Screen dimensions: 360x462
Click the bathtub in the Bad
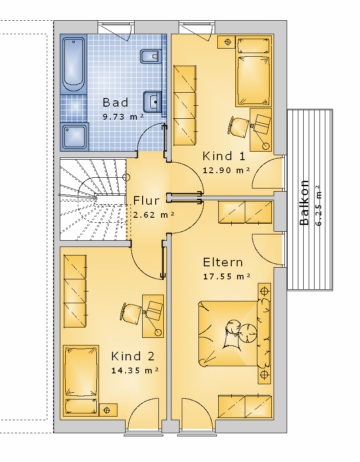(x=73, y=64)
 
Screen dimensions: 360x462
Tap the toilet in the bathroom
(x=151, y=56)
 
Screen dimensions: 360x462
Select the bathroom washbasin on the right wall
(x=153, y=102)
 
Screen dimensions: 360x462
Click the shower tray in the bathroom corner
(x=75, y=136)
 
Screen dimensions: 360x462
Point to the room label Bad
(x=116, y=103)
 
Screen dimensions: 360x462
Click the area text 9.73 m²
(x=123, y=117)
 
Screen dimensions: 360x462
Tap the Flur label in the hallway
(x=147, y=201)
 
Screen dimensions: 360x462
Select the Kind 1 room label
(x=224, y=156)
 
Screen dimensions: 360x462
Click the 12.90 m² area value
(x=226, y=170)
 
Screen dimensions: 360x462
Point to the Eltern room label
(x=223, y=262)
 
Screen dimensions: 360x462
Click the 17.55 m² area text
(x=227, y=276)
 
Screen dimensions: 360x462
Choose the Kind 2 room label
(x=133, y=356)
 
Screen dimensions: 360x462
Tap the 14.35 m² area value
(x=135, y=370)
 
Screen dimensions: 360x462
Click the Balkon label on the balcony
(x=304, y=203)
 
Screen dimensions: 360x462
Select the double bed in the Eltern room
(x=234, y=333)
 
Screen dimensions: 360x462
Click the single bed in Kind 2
(x=81, y=381)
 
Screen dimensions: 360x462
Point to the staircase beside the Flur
(x=93, y=200)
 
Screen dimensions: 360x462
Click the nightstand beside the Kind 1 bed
(x=226, y=42)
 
